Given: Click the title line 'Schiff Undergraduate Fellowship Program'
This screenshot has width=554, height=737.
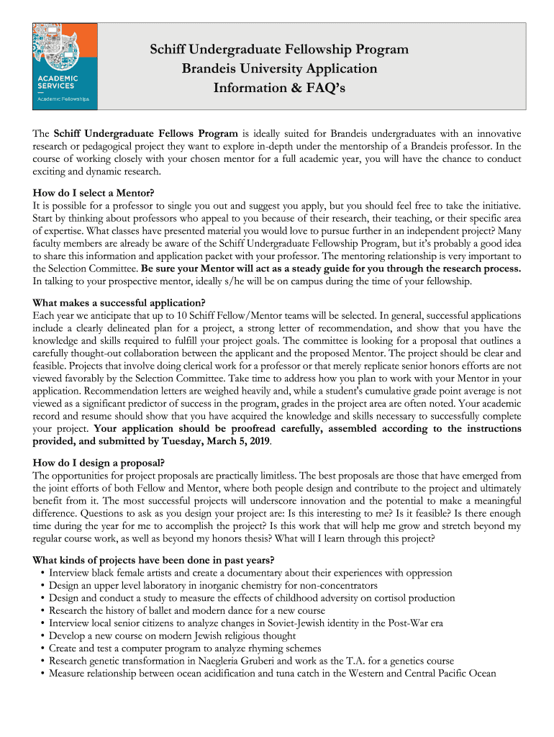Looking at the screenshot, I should (x=279, y=50).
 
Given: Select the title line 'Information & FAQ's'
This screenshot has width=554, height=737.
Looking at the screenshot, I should (x=279, y=88).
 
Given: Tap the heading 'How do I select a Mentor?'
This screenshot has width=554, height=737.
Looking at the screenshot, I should (x=94, y=193).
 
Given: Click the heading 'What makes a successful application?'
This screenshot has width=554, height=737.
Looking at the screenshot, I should (x=119, y=302).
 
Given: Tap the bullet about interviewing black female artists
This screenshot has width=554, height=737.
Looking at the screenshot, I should (x=250, y=573).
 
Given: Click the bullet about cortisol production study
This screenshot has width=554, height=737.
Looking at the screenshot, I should (x=252, y=598).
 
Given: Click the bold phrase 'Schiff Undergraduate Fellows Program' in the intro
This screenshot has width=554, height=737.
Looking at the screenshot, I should (x=146, y=134).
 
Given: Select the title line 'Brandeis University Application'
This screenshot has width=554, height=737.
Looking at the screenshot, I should (x=279, y=69).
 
